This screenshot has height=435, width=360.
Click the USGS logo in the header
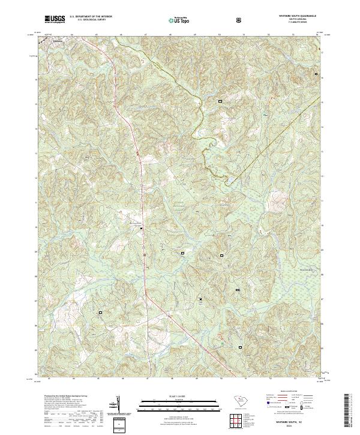pos(55,19)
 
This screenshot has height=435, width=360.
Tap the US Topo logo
pos(181,19)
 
